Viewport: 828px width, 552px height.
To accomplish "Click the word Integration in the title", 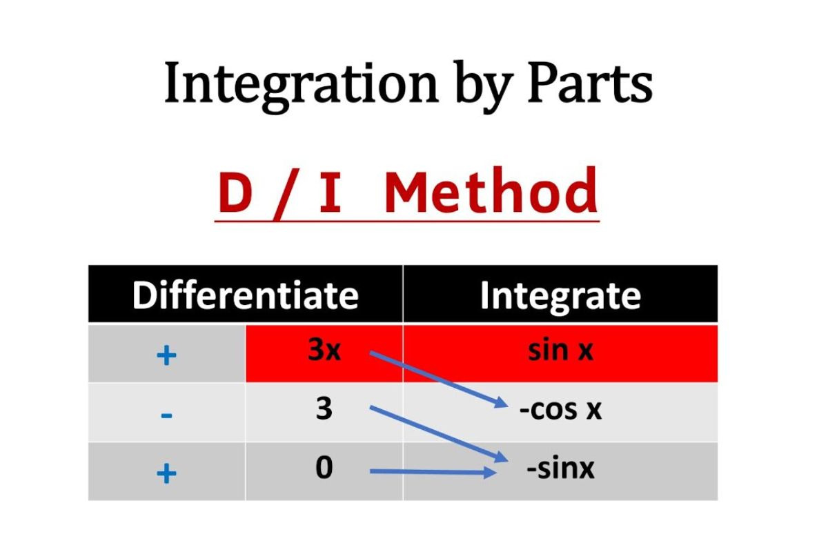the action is pos(301,86).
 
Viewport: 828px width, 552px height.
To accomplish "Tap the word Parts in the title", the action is pos(590,83).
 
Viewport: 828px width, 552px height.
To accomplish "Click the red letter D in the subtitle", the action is pos(235,193).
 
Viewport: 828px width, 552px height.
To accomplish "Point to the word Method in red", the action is pos(491,190).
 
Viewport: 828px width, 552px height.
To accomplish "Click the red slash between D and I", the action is pos(286,196).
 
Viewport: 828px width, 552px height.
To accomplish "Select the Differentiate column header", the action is pos(246,295).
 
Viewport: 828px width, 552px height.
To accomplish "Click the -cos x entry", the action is pos(560,410).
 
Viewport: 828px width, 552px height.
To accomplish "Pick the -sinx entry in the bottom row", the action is pos(560,469).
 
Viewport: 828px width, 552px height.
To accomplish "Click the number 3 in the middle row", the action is pos(324,409).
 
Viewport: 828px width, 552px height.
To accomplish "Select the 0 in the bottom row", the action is pos(324,468).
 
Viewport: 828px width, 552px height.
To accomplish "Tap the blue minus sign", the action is pos(167,415).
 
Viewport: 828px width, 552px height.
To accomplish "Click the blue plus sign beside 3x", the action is pos(167,355).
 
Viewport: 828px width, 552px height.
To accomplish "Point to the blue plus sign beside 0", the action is pos(167,473).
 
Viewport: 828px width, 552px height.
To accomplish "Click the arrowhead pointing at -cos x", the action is pos(502,403).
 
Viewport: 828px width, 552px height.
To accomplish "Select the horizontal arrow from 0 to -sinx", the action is pos(433,472).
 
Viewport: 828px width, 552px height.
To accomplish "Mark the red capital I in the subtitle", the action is pos(330,193).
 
